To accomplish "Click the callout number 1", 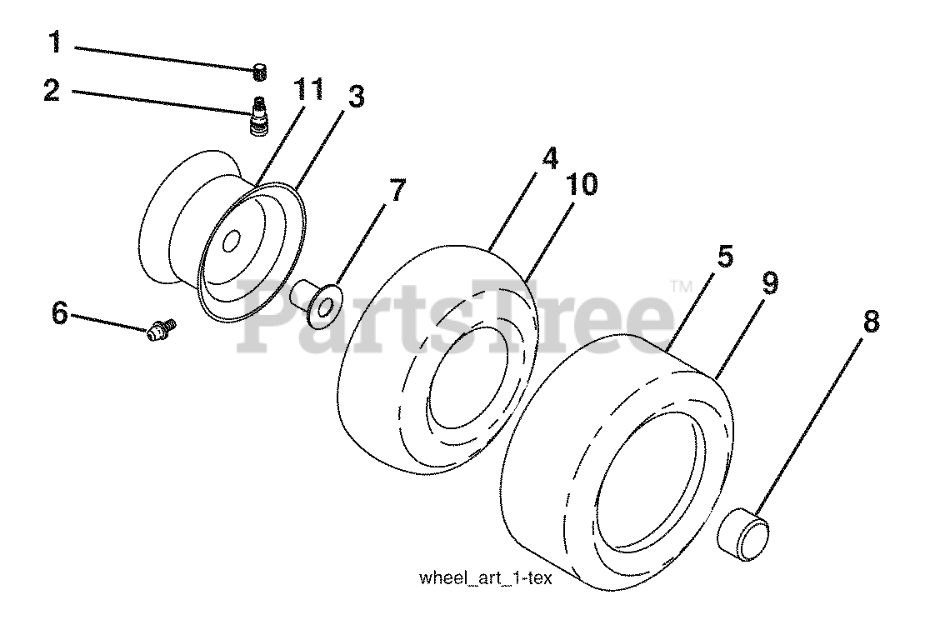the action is (x=56, y=41).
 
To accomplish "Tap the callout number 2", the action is (x=52, y=91).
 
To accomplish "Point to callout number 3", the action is (x=355, y=97).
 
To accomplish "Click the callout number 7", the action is (x=397, y=192).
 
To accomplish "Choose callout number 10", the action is (x=583, y=185).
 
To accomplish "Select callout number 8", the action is (x=870, y=322).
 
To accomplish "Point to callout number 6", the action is (x=59, y=314).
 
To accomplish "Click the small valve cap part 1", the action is (x=259, y=72).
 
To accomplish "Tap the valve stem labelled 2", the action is (x=257, y=115).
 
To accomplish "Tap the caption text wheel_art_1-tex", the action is (x=486, y=577).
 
